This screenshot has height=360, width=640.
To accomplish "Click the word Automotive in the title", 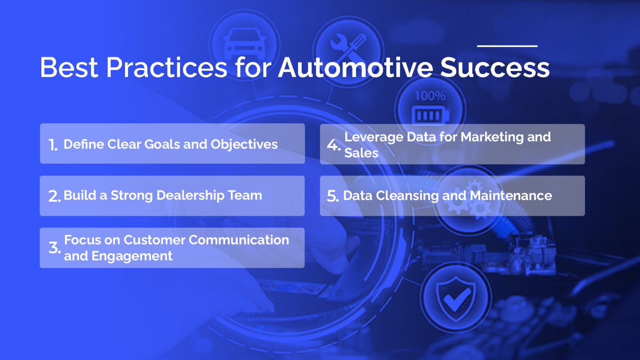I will tap(355, 67).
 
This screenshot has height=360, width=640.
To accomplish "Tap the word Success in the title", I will tap(495, 67).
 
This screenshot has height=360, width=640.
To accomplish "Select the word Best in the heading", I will tap(69, 67).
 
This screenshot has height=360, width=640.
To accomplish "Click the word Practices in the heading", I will tap(167, 67).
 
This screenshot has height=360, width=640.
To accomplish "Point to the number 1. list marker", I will tap(53, 145).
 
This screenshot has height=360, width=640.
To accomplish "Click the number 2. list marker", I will tap(54, 196).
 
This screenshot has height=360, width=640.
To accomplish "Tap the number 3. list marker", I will tap(55, 248).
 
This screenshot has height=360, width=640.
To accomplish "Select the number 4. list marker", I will tap(333, 145).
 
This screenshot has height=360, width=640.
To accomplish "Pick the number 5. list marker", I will tap(332, 196).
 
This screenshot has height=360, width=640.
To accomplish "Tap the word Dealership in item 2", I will tap(190, 195).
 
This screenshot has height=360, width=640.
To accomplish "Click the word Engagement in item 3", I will tap(132, 256).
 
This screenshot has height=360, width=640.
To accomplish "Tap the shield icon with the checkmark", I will tap(455, 298).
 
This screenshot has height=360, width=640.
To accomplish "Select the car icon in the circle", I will tap(245, 44).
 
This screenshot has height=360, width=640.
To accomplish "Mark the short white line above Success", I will tap(507, 46).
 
